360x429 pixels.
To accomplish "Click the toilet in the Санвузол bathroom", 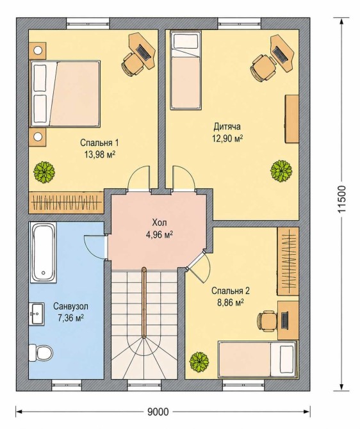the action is click(x=41, y=352).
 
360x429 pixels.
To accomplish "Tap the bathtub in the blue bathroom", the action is click(x=43, y=252).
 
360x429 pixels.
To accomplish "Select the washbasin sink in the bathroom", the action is click(x=37, y=314).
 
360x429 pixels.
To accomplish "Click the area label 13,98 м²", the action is click(x=100, y=155).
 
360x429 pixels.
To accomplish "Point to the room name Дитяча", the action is click(x=227, y=127).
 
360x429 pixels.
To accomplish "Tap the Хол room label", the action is click(x=160, y=222).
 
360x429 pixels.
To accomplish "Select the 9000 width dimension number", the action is click(x=158, y=412).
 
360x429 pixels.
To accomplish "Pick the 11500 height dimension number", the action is click(x=341, y=199).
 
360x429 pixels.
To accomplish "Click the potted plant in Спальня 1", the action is click(x=44, y=172).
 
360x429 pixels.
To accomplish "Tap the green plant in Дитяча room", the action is click(x=281, y=171).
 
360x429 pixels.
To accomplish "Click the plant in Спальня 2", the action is click(x=199, y=362).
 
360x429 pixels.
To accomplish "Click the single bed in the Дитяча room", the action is click(x=186, y=70).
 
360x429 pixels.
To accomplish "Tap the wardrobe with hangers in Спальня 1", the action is click(x=66, y=202).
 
